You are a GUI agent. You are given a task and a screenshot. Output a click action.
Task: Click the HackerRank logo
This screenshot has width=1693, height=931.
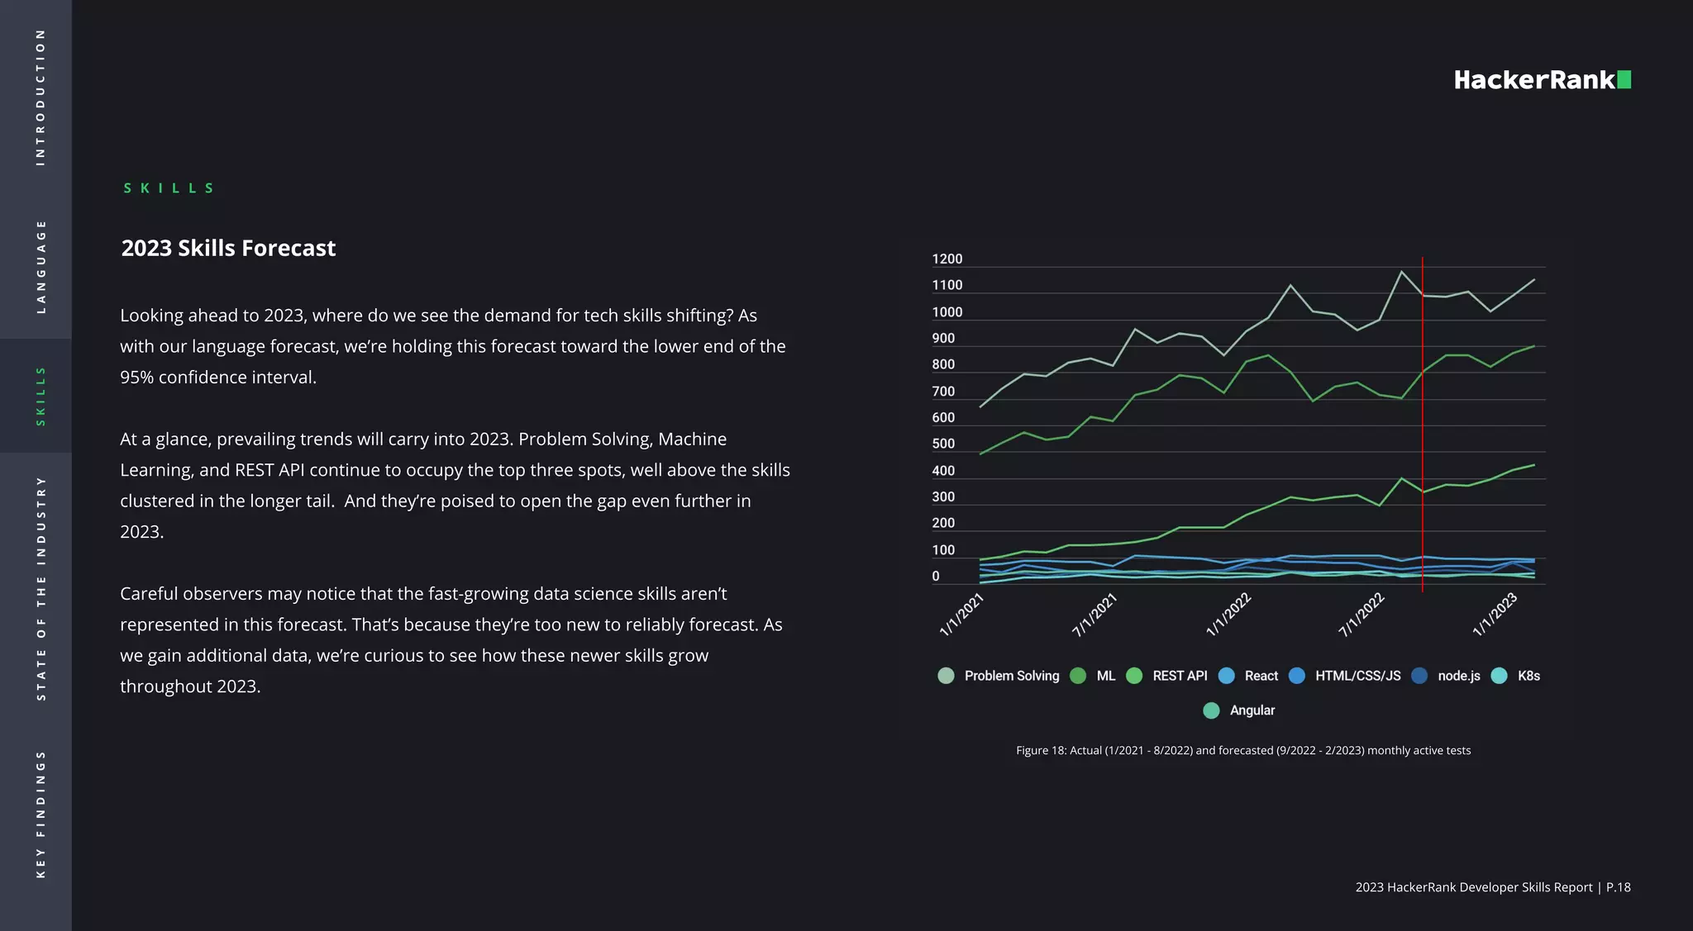click(1542, 80)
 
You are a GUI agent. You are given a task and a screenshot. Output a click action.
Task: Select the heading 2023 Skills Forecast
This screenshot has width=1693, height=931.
click(228, 248)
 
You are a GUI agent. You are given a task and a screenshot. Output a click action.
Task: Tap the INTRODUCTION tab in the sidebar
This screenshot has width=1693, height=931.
click(41, 97)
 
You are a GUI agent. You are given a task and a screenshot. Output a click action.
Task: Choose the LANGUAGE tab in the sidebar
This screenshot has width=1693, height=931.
click(41, 266)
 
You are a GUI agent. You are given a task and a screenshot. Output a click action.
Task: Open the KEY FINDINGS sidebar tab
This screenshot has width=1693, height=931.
click(41, 814)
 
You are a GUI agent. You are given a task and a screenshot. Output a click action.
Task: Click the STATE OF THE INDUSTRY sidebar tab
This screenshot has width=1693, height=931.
click(41, 588)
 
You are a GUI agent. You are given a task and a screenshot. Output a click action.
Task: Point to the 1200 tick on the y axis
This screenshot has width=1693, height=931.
click(947, 259)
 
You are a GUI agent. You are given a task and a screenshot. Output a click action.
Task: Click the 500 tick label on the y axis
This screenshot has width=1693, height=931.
click(943, 444)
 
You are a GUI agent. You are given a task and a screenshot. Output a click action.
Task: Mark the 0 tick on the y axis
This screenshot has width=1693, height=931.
click(936, 577)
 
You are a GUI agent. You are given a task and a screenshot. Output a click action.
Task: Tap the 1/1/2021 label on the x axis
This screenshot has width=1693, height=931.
click(961, 614)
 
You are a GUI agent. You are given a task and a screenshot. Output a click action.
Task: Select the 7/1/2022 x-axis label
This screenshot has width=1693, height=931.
click(1361, 614)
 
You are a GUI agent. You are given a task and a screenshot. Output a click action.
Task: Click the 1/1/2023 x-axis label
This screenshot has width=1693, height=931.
click(1495, 614)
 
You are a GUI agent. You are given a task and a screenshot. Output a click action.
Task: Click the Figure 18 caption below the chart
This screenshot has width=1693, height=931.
click(1243, 751)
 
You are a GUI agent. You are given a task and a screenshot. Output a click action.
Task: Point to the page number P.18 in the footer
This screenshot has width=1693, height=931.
click(1618, 887)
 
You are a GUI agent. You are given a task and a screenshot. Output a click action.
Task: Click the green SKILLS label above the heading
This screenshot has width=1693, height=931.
click(169, 188)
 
